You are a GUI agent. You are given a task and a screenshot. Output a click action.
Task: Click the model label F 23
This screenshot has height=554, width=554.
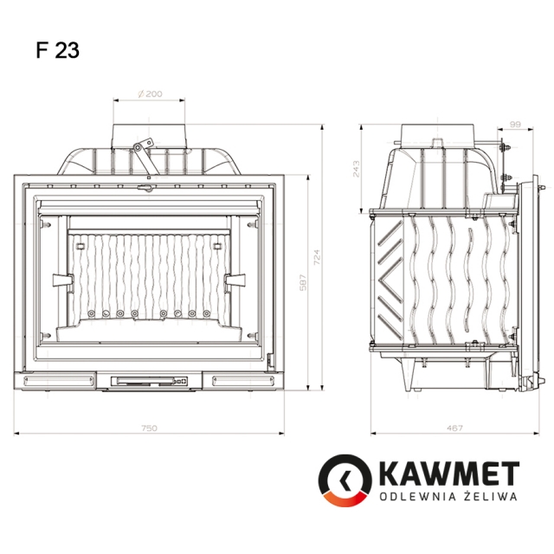[57, 51]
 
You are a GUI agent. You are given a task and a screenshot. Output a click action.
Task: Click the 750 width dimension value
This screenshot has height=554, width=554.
[149, 428]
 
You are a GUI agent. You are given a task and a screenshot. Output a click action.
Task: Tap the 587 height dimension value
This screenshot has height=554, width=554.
[302, 283]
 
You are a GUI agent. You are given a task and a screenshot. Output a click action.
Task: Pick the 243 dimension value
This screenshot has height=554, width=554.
[356, 170]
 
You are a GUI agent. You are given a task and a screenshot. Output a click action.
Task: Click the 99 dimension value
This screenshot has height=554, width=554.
[516, 125]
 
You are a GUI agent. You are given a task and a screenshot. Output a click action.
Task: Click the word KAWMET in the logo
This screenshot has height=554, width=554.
[449, 474]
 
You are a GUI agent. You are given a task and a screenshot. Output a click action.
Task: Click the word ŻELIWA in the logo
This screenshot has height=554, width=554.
[491, 497]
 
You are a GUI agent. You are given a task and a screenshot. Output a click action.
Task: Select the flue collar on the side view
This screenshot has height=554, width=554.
[437, 136]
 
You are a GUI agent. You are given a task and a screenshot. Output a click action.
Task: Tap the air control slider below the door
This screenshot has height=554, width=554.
[149, 379]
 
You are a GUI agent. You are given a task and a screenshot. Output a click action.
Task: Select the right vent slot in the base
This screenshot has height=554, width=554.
[240, 380]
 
